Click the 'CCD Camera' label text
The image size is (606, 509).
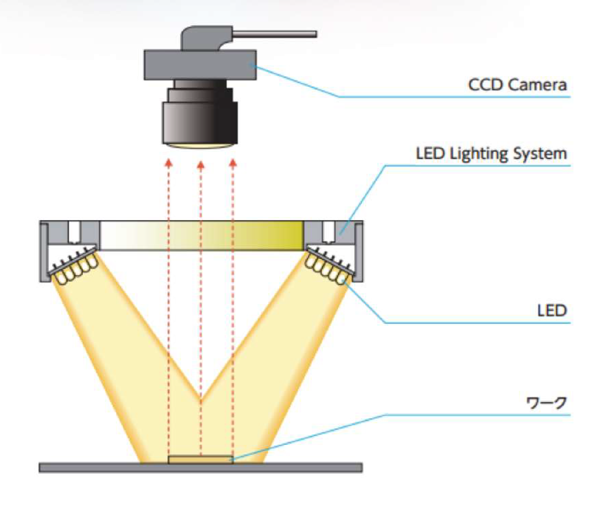[517, 85]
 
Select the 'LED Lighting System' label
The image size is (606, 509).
[491, 154]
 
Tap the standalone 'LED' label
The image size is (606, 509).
[552, 311]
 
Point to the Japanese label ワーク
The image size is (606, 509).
[547, 403]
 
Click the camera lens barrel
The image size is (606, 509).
[200, 114]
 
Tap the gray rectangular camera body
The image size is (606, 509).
[200, 65]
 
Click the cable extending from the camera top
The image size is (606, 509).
[275, 34]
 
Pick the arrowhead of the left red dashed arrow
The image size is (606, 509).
[169, 163]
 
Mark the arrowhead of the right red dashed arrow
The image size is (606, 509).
[233, 163]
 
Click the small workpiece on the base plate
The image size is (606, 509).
[201, 459]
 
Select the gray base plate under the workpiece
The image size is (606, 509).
[201, 468]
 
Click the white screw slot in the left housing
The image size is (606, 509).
[74, 232]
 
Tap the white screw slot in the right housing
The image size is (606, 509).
[328, 232]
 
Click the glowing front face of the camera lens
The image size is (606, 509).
[200, 145]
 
